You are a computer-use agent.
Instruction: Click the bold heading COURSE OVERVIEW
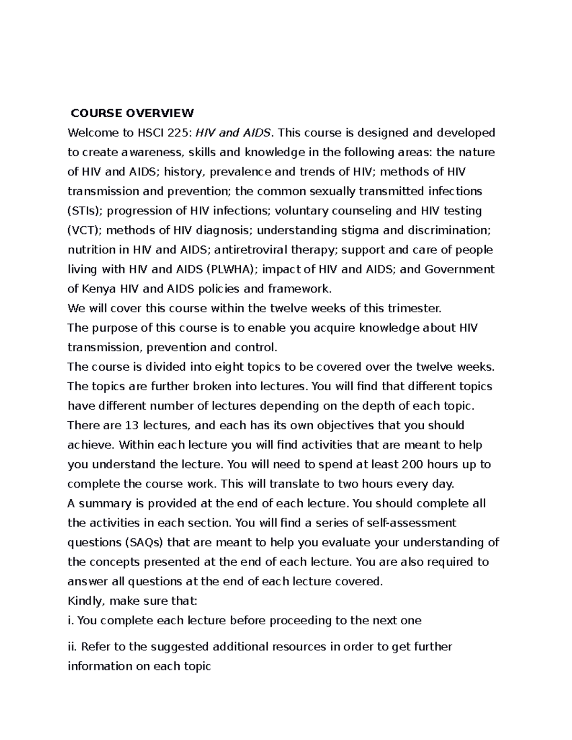(132, 113)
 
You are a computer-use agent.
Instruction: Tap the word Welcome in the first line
(90, 132)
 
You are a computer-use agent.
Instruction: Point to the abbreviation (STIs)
(82, 211)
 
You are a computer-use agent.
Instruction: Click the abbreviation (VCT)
(84, 230)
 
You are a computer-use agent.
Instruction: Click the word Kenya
(99, 289)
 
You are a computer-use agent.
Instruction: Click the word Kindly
(86, 601)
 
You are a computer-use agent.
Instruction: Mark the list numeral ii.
(72, 647)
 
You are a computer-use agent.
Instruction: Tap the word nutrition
(92, 250)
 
